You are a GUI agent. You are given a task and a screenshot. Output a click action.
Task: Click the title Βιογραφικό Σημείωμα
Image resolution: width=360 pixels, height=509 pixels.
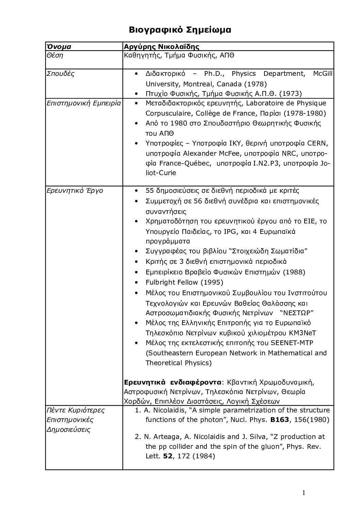click(180, 30)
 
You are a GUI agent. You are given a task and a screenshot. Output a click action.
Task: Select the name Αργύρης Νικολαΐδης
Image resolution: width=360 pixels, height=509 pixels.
click(162, 47)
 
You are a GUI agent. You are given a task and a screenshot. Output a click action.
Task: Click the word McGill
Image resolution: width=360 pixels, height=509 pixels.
click(322, 74)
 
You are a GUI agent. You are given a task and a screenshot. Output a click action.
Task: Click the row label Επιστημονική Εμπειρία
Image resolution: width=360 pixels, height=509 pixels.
click(84, 103)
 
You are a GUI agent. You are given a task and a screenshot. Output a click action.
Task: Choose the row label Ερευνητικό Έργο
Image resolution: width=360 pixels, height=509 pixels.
click(75, 190)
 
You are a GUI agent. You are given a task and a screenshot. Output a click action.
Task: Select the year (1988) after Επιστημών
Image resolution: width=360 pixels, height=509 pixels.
click(294, 272)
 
